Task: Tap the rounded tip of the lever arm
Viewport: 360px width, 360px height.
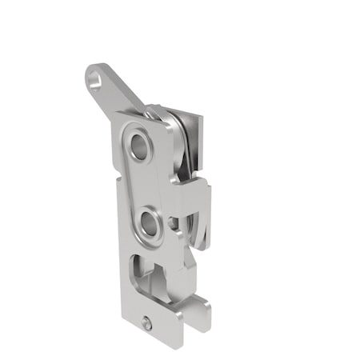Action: [x=90, y=75]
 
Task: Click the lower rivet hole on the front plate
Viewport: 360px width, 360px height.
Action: [x=148, y=221]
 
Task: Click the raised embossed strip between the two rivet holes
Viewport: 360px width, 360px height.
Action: [x=143, y=183]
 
